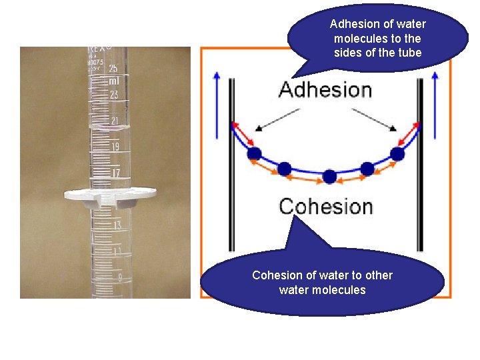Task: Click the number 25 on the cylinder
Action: point(113,69)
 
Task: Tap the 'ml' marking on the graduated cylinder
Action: point(114,81)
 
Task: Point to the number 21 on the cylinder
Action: point(114,121)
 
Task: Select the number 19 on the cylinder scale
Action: point(115,147)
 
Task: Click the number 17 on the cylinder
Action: point(115,173)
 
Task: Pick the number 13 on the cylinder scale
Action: point(117,225)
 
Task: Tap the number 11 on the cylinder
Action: point(117,251)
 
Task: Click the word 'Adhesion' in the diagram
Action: point(325,90)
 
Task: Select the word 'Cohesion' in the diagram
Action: point(325,206)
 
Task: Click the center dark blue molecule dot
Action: point(329,177)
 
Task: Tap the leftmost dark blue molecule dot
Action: point(254,154)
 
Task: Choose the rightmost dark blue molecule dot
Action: point(398,154)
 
